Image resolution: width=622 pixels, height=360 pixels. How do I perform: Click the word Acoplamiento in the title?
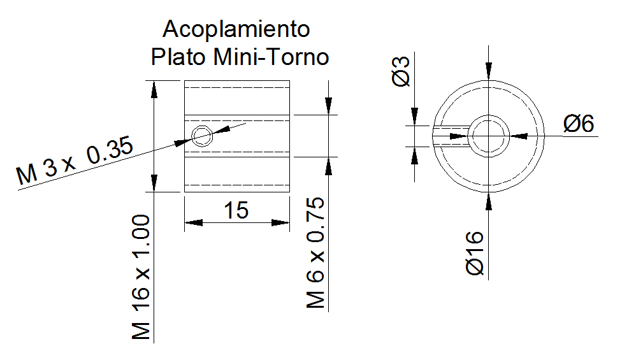coord(236,29)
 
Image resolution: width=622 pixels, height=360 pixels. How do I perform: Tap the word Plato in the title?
coord(178,57)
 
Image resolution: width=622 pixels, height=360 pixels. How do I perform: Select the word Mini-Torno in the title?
coord(271,57)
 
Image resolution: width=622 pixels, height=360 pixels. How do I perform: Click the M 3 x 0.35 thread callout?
coord(75,161)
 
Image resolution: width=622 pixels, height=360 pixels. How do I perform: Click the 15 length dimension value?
coord(236,210)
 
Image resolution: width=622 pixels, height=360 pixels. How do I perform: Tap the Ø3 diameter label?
coord(401,71)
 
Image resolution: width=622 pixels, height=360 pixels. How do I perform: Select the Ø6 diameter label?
coord(579,124)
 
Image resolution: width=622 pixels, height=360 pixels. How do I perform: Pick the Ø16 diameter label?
coord(475,253)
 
